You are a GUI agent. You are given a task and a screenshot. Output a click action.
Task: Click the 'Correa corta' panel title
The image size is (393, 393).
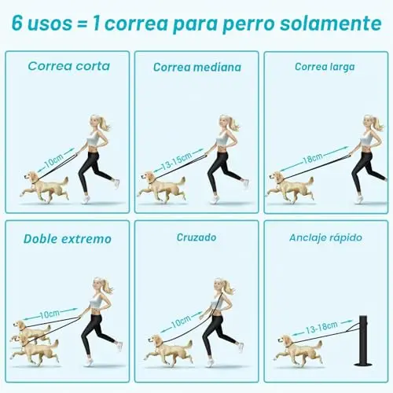click(x=69, y=66)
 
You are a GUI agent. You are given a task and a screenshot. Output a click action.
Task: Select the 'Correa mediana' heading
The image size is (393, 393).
click(x=197, y=68)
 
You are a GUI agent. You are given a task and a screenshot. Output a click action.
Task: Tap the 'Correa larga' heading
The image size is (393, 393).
click(x=325, y=67)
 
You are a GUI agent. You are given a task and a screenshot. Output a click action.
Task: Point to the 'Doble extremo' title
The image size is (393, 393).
click(x=68, y=239)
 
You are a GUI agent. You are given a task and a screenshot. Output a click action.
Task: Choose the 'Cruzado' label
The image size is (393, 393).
click(x=196, y=237)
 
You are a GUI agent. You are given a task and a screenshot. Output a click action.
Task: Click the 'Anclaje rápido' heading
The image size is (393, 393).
click(x=325, y=238)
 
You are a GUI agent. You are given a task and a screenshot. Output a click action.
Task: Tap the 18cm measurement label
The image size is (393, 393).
click(x=312, y=159)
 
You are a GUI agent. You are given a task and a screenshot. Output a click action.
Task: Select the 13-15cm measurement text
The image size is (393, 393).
click(x=176, y=160)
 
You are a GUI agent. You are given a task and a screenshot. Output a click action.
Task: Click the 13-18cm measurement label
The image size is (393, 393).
click(x=321, y=328)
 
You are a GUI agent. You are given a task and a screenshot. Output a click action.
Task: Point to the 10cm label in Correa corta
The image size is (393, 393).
click(x=54, y=160)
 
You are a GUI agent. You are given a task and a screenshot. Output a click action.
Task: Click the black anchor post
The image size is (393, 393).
click(x=363, y=340)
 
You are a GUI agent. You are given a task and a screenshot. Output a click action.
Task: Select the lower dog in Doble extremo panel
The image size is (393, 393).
click(x=35, y=351)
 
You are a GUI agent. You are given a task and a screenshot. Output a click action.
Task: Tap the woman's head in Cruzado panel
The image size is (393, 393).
click(x=222, y=286)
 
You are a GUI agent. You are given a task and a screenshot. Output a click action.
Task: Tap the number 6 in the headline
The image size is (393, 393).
click(x=17, y=23)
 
